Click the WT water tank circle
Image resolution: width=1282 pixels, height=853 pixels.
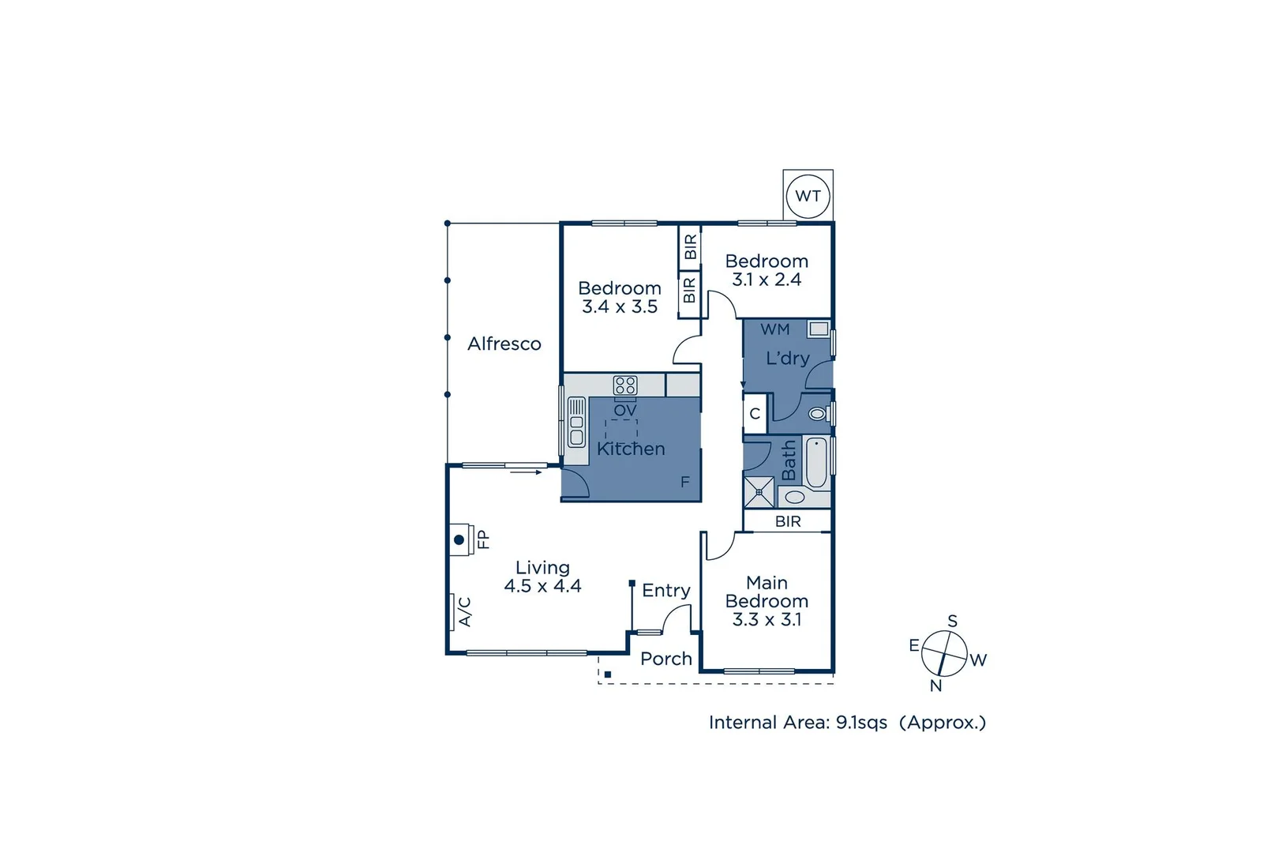point(808,196)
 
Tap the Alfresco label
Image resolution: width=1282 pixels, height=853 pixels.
point(504,344)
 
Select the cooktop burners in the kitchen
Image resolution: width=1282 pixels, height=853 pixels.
point(625,385)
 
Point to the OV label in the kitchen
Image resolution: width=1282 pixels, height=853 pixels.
point(624,411)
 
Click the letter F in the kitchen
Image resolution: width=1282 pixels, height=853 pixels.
point(685,482)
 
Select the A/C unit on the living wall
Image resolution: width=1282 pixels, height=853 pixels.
point(455,611)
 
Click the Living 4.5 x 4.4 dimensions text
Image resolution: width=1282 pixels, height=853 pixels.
point(542,586)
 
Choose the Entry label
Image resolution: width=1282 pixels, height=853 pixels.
point(665,591)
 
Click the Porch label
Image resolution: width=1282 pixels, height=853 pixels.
point(665,659)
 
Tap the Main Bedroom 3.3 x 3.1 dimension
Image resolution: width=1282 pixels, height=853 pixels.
point(767,619)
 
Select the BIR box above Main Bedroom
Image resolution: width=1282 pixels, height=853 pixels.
point(788,521)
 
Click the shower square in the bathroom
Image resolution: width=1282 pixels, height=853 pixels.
point(759,491)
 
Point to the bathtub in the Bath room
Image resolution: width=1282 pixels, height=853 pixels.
point(816,462)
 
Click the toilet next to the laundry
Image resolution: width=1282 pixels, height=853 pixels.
point(817,413)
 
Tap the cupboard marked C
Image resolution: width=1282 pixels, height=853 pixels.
point(755,414)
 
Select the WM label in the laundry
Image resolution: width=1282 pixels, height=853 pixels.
point(774,329)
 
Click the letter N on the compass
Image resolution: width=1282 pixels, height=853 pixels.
point(935,686)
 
